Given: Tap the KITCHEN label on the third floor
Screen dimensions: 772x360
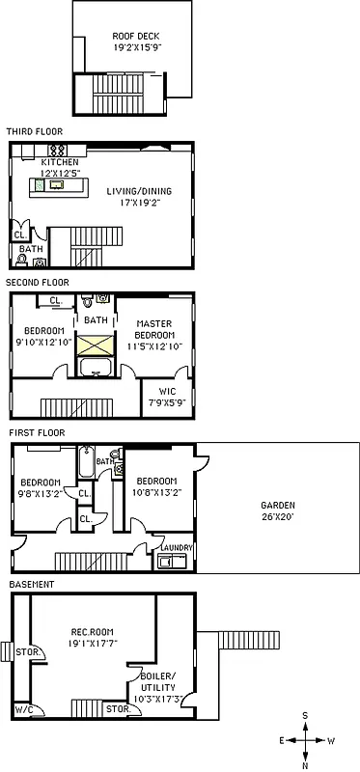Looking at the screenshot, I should point(52,163).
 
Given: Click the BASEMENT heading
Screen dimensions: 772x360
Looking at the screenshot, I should point(31,584).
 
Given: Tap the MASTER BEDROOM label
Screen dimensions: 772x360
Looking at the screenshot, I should point(154,330).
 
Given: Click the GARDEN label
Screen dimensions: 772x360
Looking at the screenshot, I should point(277,505).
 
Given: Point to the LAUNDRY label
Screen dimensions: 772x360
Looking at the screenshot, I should point(177,548).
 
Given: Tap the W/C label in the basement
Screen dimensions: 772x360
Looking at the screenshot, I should point(21,710).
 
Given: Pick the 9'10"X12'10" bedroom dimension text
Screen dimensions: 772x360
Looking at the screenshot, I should point(42,340).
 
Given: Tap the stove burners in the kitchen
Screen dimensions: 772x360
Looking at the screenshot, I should point(57,151).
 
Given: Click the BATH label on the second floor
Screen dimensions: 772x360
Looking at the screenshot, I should point(96,319).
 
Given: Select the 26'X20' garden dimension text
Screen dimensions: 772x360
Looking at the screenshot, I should point(277,516).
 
